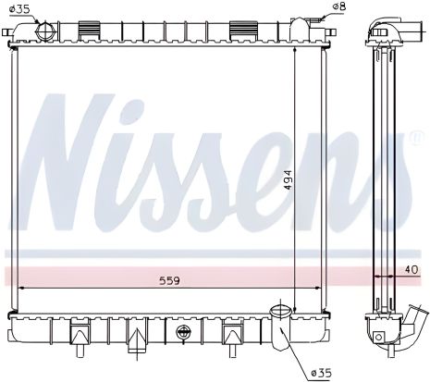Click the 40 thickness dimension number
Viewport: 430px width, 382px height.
point(411,270)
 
